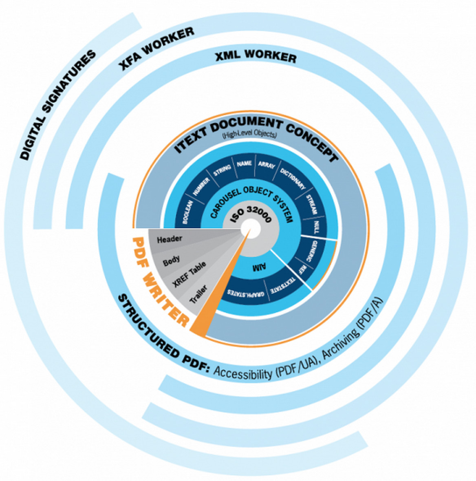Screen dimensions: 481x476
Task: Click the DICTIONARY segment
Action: [293, 179]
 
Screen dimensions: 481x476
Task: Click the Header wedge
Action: [170, 238]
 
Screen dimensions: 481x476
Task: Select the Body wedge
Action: [172, 261]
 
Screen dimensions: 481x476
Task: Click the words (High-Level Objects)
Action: [249, 135]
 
